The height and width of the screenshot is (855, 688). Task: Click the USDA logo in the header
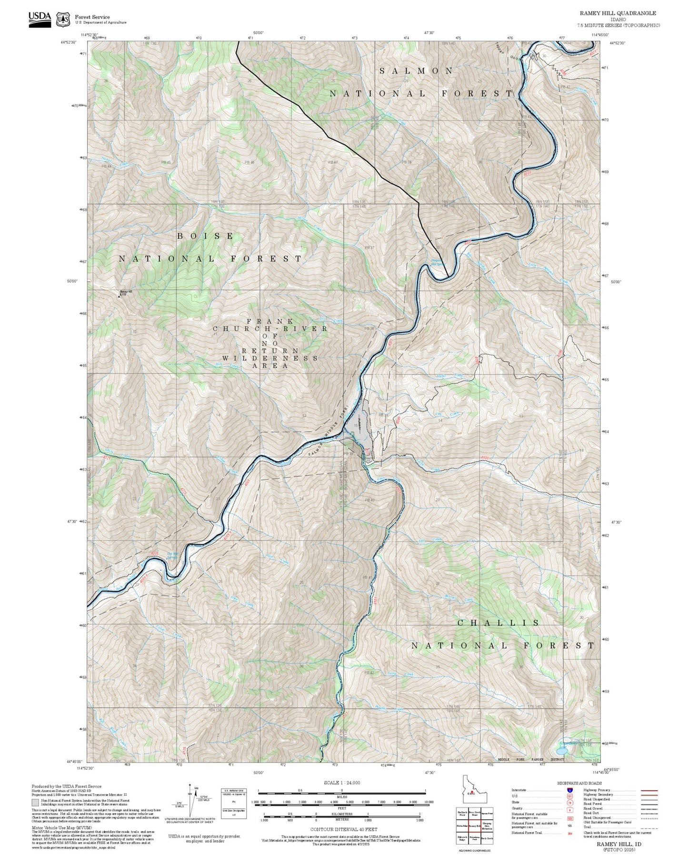click(x=40, y=19)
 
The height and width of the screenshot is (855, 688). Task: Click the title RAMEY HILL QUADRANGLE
click(x=618, y=13)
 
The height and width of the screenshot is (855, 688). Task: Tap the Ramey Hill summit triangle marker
click(x=119, y=296)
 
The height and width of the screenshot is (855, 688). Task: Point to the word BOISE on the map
click(x=206, y=236)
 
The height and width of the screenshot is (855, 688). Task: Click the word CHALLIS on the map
click(x=499, y=623)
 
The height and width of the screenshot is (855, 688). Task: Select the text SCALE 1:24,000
click(x=342, y=783)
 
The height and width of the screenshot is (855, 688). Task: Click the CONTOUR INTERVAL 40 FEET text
click(x=342, y=829)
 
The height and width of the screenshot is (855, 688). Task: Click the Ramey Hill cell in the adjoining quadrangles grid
click(x=474, y=826)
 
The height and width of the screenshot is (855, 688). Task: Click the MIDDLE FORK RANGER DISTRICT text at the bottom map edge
click(x=530, y=759)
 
